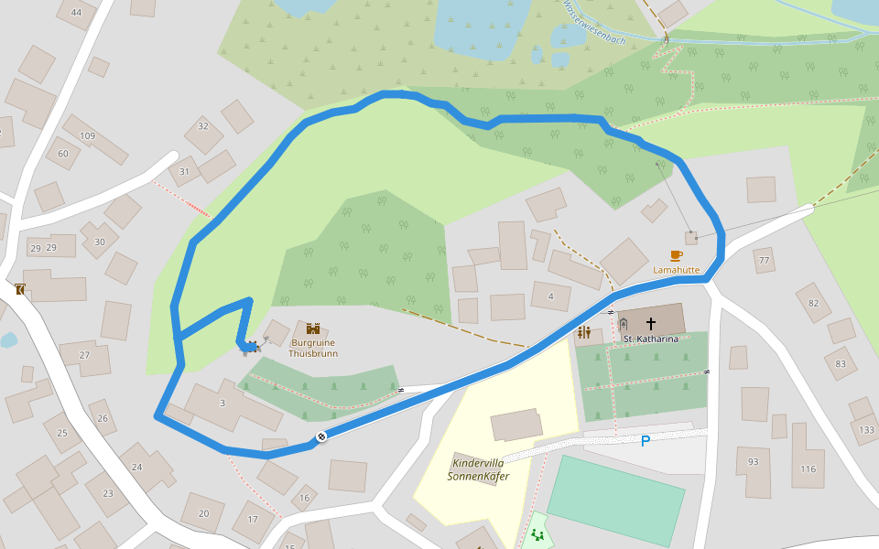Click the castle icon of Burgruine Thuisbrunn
point(313,329)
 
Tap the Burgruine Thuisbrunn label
point(313,348)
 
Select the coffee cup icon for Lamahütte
point(676,255)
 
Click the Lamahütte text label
point(676,271)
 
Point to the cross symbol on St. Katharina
point(651,323)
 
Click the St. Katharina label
point(651,339)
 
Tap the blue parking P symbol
point(645,441)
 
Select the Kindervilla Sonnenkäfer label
point(478,469)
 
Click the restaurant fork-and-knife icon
point(584,332)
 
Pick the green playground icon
point(537,533)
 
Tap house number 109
point(87,136)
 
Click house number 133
point(867,429)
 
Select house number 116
point(807,469)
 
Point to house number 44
point(76,13)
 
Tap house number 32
point(202,126)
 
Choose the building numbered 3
point(222,404)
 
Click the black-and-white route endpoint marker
point(322,436)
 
